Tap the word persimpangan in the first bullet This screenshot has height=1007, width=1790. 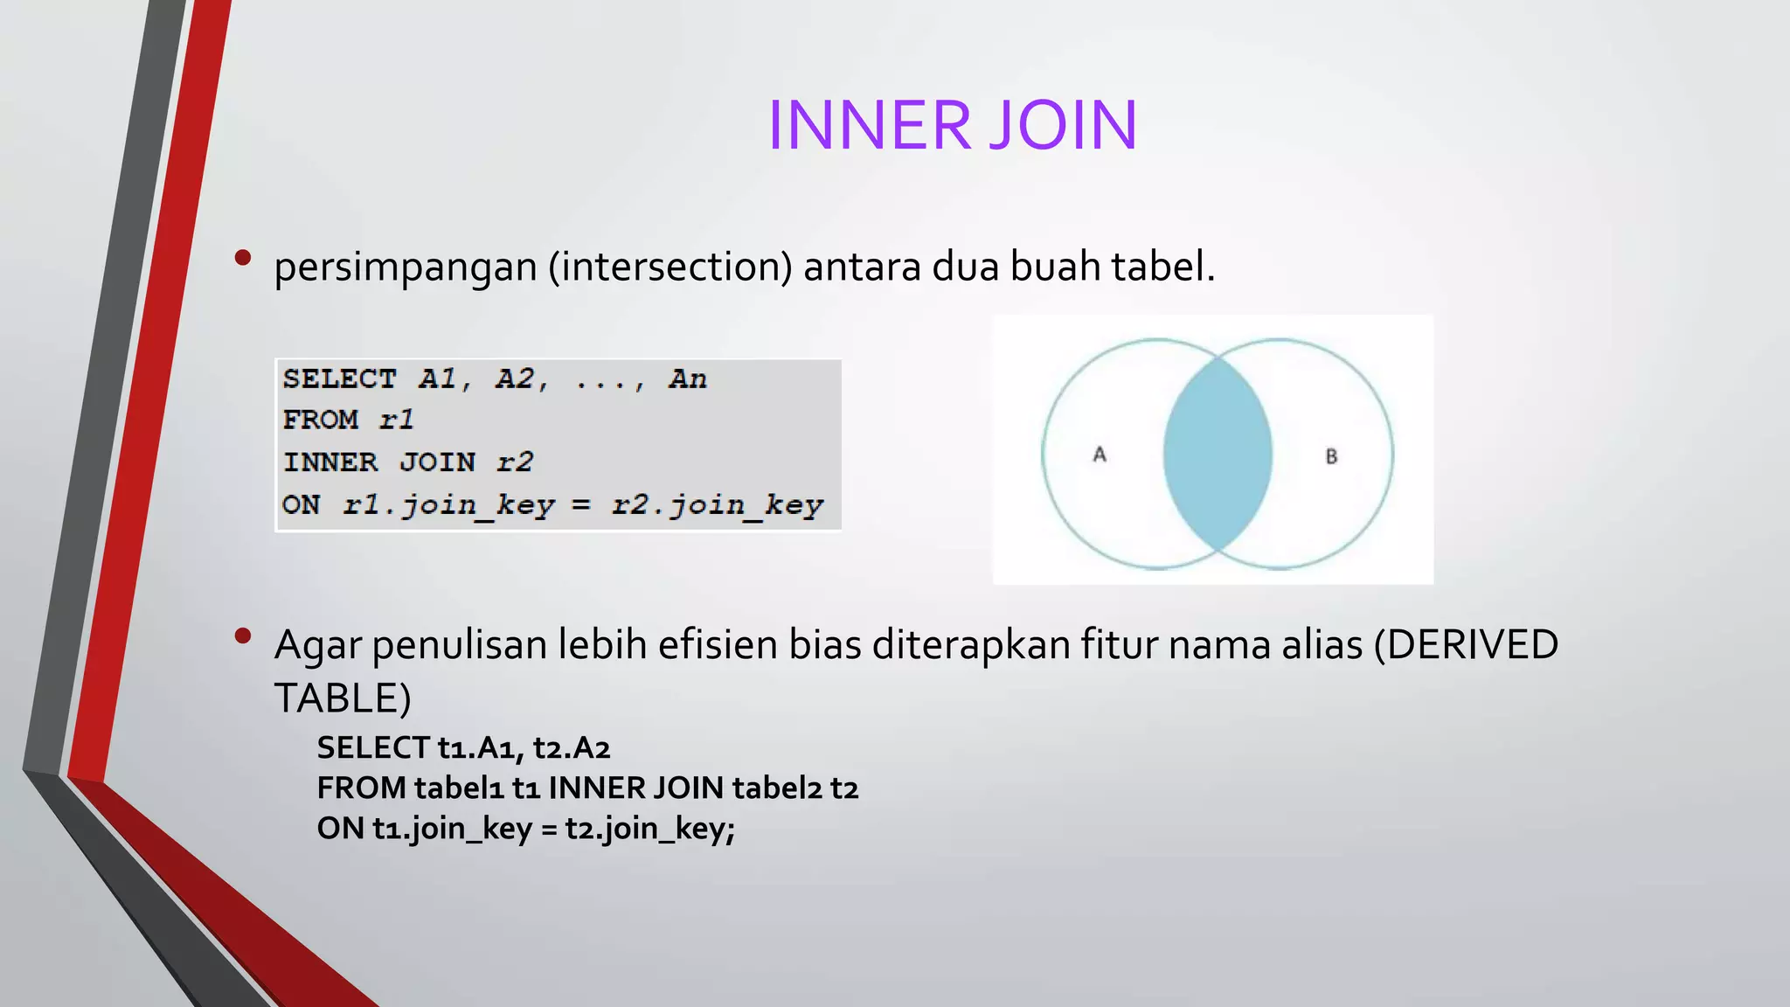coord(405,267)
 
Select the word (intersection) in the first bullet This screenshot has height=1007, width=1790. coord(670,267)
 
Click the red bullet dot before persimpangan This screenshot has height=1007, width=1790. coord(243,257)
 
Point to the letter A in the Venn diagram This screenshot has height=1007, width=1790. coord(1100,455)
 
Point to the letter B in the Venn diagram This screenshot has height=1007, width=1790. coord(1331,456)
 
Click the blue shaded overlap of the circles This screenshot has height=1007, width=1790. coord(1218,455)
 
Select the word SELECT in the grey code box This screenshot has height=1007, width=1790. coord(339,379)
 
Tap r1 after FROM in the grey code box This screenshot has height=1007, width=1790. coord(396,420)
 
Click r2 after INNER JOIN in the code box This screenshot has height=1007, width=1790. coord(515,462)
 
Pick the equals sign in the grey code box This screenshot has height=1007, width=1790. coord(581,505)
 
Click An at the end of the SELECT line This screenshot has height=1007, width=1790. coord(688,379)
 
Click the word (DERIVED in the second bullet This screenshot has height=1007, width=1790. coord(1466,645)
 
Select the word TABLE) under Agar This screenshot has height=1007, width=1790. coord(343,698)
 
